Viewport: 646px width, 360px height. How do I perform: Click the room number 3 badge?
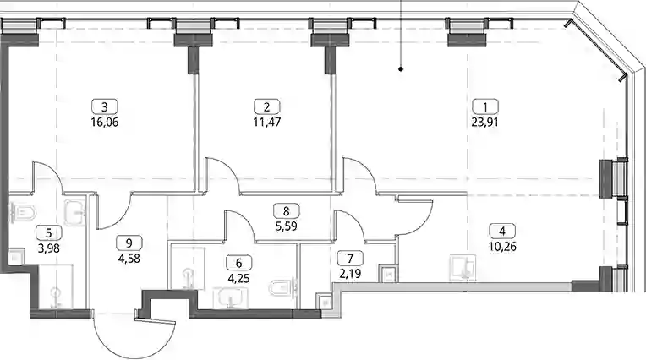coord(105,106)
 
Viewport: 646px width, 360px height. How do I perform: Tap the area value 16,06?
coord(105,123)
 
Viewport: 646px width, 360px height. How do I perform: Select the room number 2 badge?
coord(266,106)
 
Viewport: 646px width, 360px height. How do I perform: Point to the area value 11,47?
coord(267,123)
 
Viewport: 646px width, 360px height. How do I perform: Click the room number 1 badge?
coord(484,106)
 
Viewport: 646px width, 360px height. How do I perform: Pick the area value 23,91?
coord(484,123)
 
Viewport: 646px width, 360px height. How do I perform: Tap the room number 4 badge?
coord(501,231)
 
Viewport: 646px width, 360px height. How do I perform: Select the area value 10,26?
coord(502,247)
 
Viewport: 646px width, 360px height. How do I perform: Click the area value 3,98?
coord(48,248)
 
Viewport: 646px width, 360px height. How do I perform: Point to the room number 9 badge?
coord(129,243)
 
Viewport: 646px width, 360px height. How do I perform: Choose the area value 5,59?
coord(287,226)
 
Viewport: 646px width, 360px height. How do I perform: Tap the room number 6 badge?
coord(239,262)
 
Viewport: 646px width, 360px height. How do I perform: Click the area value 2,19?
coord(350,274)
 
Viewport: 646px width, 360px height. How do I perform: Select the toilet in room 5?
coord(23,213)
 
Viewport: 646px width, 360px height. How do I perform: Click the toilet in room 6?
coord(282,287)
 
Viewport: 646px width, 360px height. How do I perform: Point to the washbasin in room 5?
coord(75,213)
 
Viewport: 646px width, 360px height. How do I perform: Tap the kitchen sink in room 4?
coord(463,267)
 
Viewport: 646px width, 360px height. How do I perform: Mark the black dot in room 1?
coord(401,69)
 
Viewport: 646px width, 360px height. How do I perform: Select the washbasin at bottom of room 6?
coord(230,297)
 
